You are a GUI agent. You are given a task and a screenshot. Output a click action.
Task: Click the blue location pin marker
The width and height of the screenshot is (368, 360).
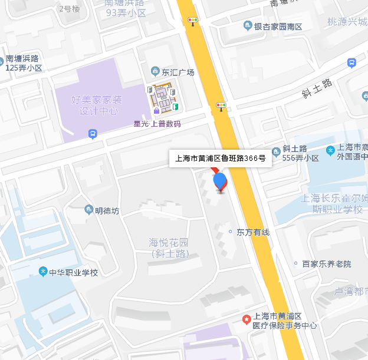[x=220, y=181]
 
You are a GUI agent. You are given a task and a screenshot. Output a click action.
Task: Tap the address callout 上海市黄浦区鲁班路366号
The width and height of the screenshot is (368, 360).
[x=221, y=158]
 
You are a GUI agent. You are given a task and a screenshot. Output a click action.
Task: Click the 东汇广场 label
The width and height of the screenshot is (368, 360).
[x=178, y=72]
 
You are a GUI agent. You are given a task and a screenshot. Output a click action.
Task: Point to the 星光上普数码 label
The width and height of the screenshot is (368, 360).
[x=157, y=124]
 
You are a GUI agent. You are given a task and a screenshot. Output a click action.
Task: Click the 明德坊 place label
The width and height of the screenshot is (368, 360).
[x=107, y=210]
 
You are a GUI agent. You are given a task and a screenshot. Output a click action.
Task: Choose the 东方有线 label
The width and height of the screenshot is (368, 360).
[x=253, y=232]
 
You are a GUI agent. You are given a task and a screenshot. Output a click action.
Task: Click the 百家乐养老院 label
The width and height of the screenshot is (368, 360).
[x=326, y=264]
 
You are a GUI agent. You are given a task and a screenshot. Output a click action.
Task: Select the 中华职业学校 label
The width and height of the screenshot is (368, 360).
[x=73, y=272]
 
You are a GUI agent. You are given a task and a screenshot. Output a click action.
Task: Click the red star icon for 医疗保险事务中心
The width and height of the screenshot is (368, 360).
[x=247, y=319]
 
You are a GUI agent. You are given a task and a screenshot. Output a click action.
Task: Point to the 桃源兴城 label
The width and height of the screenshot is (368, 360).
[x=347, y=22]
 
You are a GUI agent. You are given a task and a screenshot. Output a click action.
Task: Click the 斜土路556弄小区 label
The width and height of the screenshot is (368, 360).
[x=301, y=153]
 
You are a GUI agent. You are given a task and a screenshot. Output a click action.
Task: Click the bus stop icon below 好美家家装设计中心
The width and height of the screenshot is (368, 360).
[x=93, y=135]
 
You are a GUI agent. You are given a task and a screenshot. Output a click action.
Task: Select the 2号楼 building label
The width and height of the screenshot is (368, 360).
[x=70, y=8]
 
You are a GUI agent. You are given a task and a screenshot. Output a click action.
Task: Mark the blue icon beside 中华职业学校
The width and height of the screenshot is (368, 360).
[x=42, y=272]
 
